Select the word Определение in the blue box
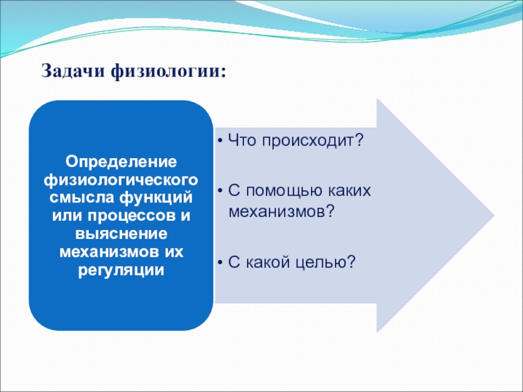121,163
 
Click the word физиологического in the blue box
121,180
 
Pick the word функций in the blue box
156,198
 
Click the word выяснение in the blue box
121,234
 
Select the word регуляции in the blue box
121,270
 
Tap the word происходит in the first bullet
312,140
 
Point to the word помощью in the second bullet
285,191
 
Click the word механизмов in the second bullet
281,212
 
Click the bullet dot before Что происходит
220,141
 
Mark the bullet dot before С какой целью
220,263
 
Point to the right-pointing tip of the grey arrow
494,216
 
